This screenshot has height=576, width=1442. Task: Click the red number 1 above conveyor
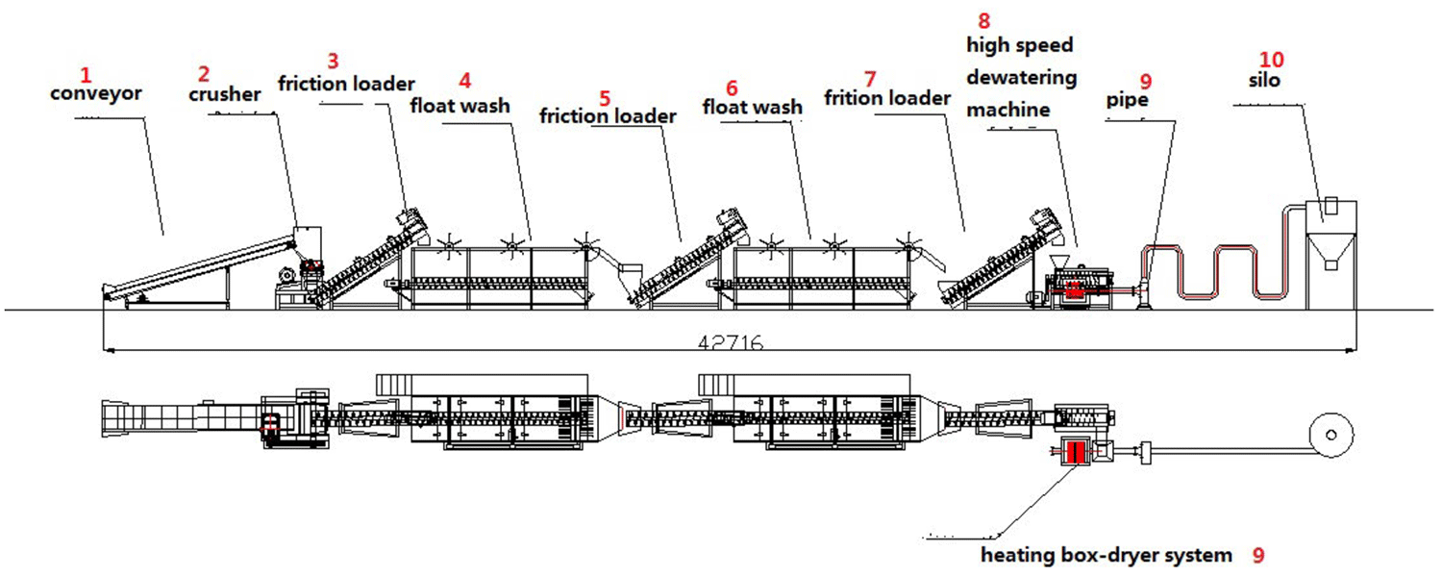coord(87,74)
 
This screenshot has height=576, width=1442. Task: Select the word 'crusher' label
coord(224,94)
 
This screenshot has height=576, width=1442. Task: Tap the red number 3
coord(333,61)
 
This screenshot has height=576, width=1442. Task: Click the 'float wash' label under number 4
coord(460,105)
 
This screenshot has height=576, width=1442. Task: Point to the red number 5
coord(605,97)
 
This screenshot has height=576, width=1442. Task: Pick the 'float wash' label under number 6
coord(752,106)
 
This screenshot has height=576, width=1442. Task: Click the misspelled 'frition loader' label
coord(887,97)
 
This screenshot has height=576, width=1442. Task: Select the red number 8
coord(982,20)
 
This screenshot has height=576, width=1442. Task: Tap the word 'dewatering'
coord(1022,78)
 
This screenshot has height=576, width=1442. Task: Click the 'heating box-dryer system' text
coord(1106,555)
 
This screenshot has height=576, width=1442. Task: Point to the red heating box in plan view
coord(1074,452)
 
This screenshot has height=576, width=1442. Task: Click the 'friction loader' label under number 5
coord(608,116)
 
